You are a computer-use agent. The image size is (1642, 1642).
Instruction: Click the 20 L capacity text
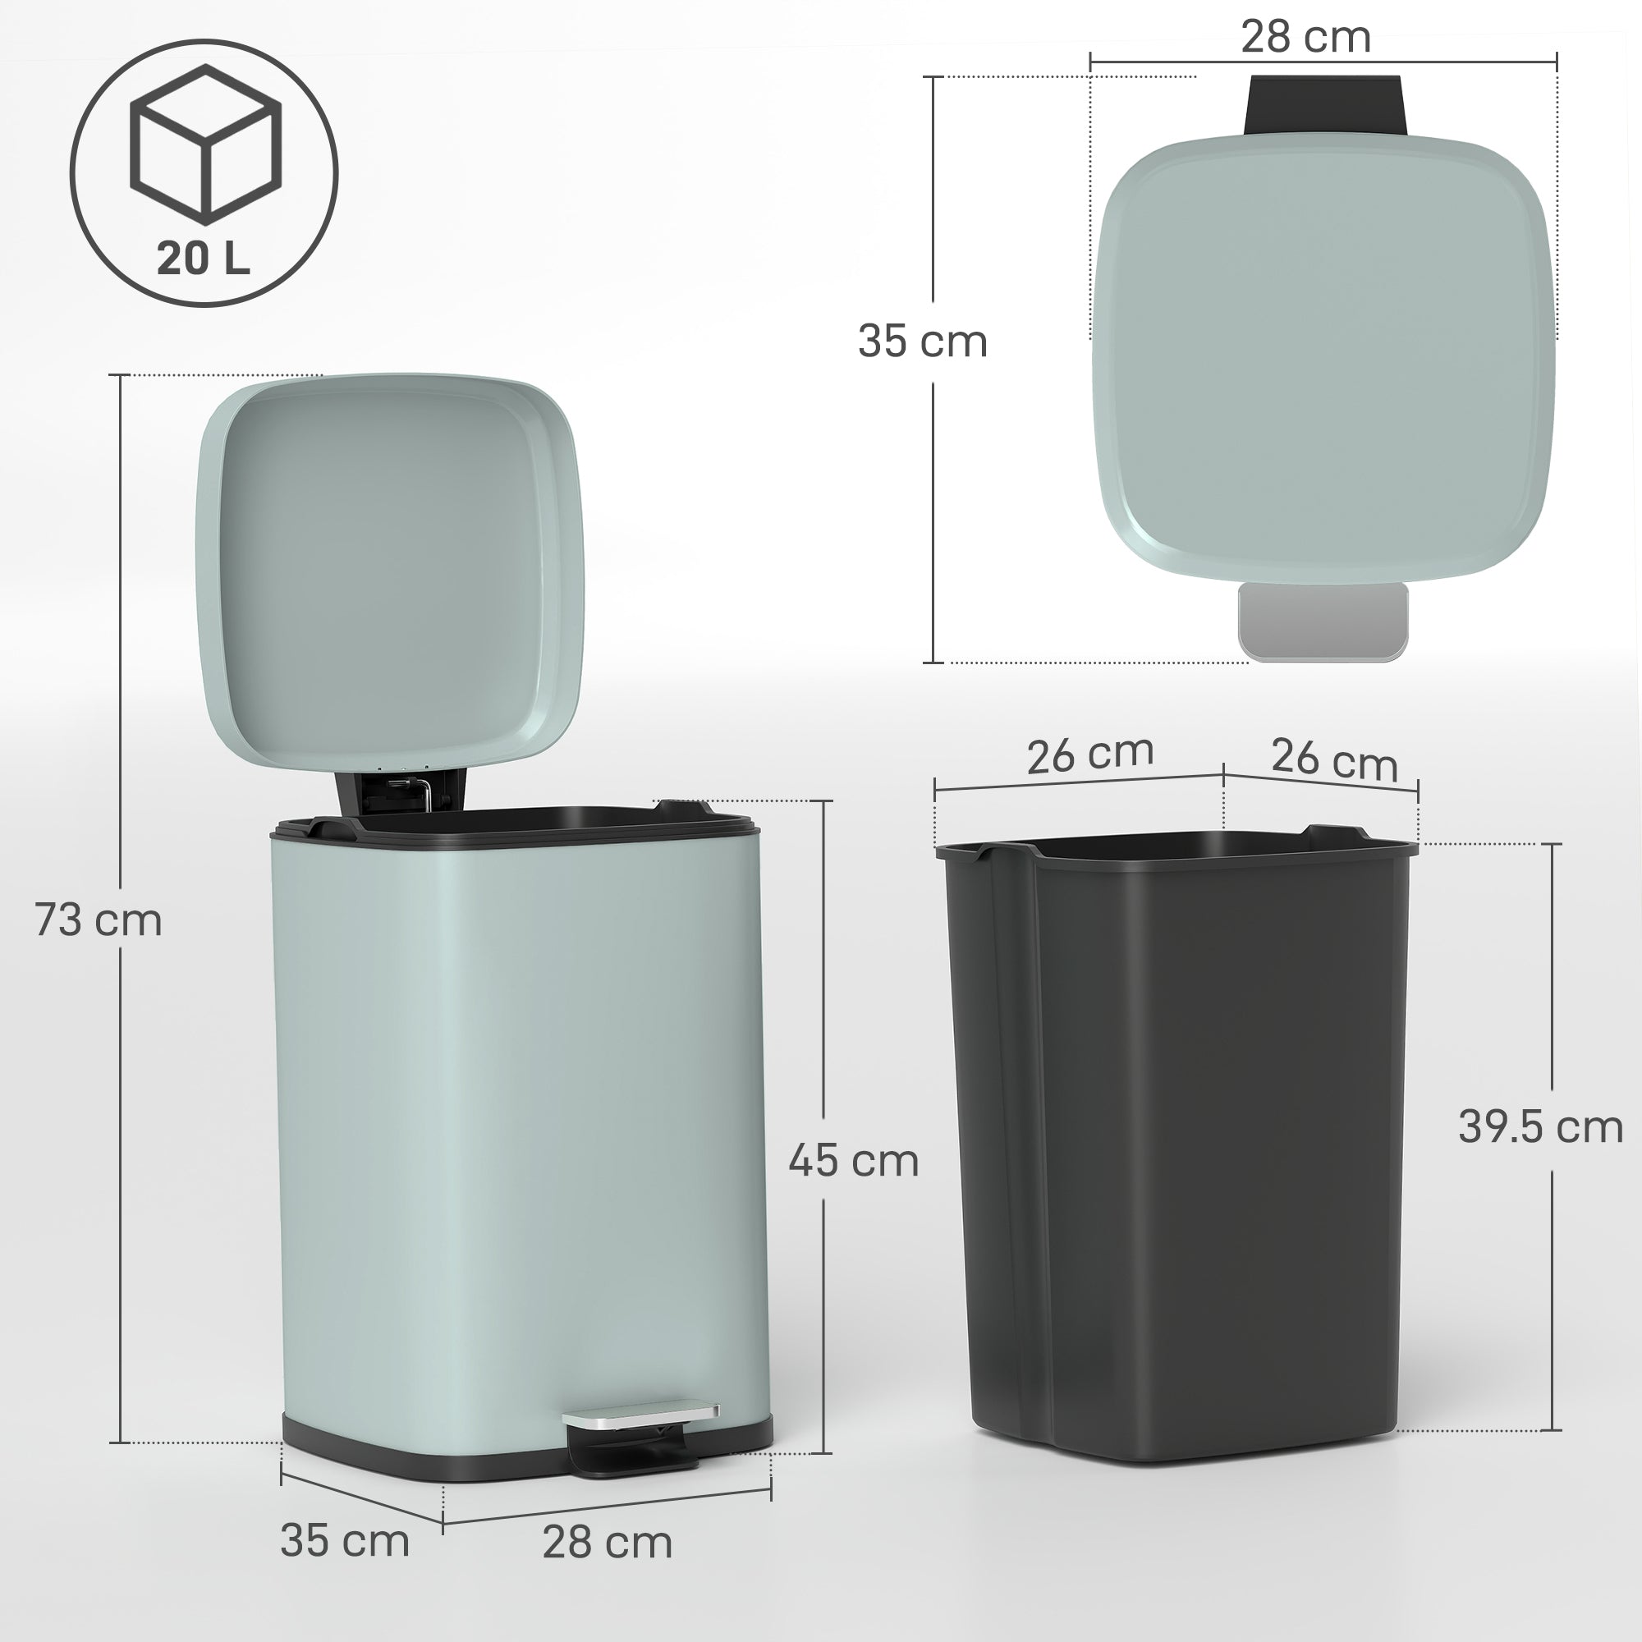(x=203, y=258)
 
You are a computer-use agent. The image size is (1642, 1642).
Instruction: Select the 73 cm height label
(x=99, y=920)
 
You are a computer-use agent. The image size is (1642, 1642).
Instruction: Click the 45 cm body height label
(x=853, y=1162)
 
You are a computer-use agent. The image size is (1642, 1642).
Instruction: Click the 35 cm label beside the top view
(x=922, y=342)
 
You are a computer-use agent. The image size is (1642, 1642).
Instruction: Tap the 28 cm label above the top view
(x=1305, y=39)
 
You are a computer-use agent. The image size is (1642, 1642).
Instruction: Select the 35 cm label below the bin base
(x=344, y=1541)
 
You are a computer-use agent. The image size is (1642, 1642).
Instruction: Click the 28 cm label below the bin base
(x=607, y=1543)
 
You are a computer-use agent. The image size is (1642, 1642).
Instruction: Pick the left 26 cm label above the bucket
(x=1089, y=754)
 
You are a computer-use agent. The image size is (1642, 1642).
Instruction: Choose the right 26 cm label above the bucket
(x=1333, y=759)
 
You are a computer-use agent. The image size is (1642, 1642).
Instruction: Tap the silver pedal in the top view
(x=1323, y=621)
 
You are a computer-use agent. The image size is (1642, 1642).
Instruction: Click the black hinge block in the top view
(x=1323, y=104)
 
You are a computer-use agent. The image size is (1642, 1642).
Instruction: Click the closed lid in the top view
(x=1323, y=357)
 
